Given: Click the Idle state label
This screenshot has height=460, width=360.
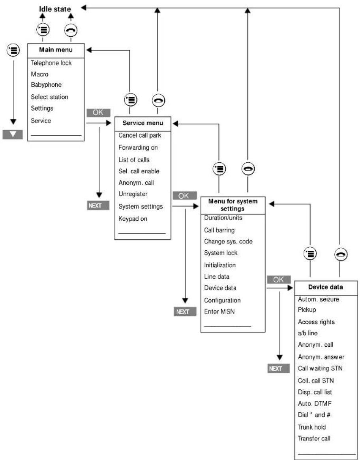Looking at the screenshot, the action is coord(55,9).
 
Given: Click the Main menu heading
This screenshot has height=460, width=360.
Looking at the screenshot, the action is coord(56,50).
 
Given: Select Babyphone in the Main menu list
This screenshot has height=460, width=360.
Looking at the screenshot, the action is coord(46,85).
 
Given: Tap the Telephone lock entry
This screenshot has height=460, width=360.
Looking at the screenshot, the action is coord(51,63).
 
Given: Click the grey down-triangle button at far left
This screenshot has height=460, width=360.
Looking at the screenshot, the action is coord(13,135).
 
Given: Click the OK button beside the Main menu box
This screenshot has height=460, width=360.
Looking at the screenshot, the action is coord(98,113).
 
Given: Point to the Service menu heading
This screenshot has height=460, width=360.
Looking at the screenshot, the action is coord(143,123).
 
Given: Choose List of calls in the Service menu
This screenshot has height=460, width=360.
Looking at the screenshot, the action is coord(134,160).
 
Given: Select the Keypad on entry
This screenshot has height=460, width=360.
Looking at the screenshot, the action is coord(133,219).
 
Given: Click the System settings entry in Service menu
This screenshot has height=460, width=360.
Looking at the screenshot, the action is coord(141,207).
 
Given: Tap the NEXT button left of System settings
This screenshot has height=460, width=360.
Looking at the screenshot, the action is coord(99,205).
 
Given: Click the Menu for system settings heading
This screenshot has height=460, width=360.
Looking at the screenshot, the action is coord(233,205).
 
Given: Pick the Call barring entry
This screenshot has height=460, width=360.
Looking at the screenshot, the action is coord(219,230).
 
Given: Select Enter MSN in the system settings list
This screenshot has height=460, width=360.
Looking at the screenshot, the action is coord(219,312).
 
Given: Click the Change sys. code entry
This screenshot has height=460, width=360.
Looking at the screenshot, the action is coord(228,241).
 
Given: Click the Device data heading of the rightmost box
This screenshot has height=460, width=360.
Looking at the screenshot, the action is coord(325,287).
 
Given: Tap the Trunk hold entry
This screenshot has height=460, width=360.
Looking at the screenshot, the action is coord(312,427).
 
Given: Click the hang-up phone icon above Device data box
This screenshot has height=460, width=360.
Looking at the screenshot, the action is coord(341,254).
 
